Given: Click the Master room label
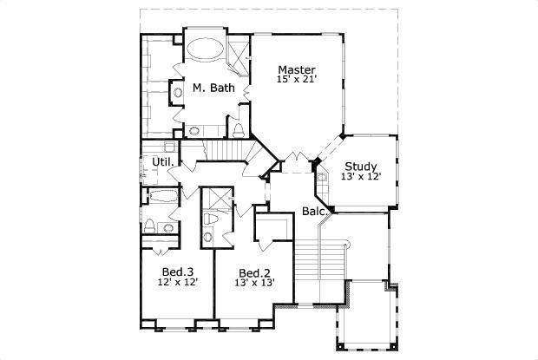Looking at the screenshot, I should [x=296, y=69].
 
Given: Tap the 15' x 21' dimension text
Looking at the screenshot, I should [x=296, y=81].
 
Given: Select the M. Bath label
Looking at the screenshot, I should [x=211, y=88].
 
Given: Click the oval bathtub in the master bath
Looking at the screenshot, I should [x=205, y=48].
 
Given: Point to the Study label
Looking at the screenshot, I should [x=360, y=167].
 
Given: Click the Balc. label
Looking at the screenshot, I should [x=314, y=211].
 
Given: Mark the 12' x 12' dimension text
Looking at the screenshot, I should [x=177, y=281].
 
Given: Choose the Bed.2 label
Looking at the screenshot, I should [x=254, y=270].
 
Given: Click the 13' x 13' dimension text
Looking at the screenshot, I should [x=254, y=281].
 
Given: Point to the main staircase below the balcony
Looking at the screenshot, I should [x=318, y=256].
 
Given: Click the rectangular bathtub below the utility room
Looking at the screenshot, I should [x=161, y=197].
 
